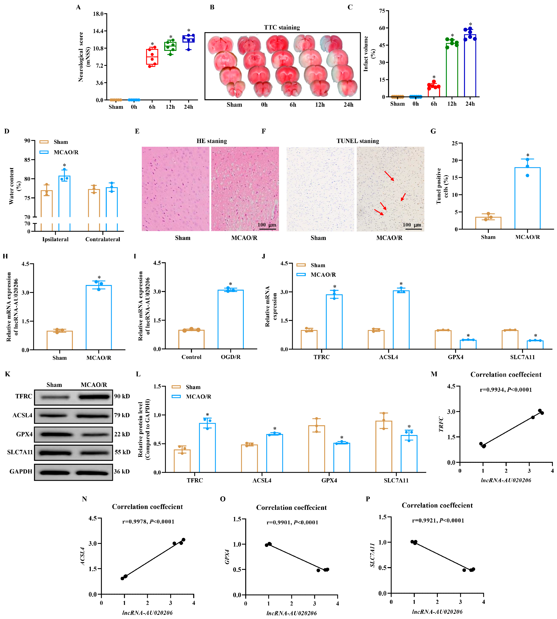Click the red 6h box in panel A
coord(152,57)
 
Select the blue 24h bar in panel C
coord(470,66)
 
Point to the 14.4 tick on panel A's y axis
coord(98,31)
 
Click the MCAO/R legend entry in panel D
coord(66,152)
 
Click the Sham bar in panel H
coord(60,340)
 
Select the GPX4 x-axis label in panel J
coord(455,357)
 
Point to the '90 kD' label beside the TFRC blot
coord(122,396)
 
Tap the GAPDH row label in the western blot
coord(21,471)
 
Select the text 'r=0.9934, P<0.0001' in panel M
coord(506,390)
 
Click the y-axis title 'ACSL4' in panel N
coord(83,556)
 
